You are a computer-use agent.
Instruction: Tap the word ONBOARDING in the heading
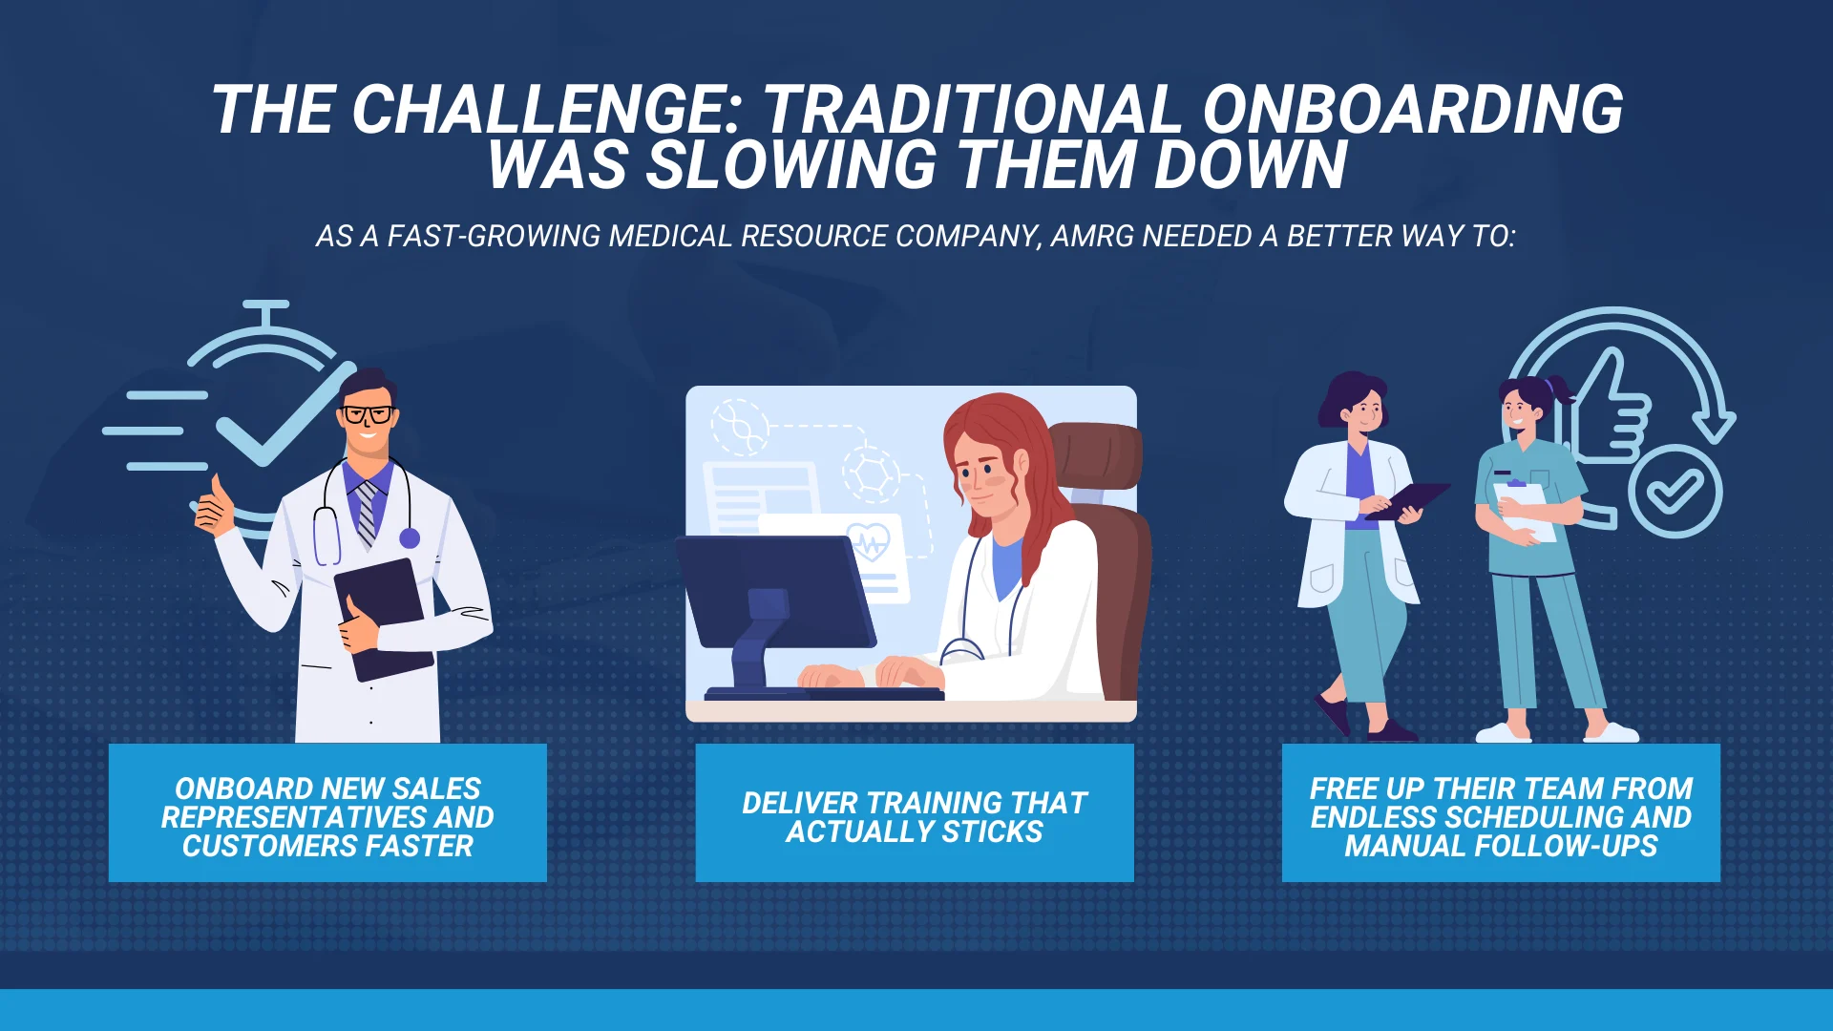click(x=1413, y=110)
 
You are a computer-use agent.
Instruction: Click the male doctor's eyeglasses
click(x=367, y=414)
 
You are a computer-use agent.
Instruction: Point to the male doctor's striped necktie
click(x=366, y=514)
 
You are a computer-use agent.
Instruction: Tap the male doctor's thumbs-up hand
click(x=214, y=508)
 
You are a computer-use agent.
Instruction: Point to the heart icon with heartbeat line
click(x=868, y=542)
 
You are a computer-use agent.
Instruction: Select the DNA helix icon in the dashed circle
click(x=741, y=427)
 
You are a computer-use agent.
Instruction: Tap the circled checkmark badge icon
click(x=1675, y=492)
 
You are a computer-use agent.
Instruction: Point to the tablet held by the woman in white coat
click(x=1407, y=500)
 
